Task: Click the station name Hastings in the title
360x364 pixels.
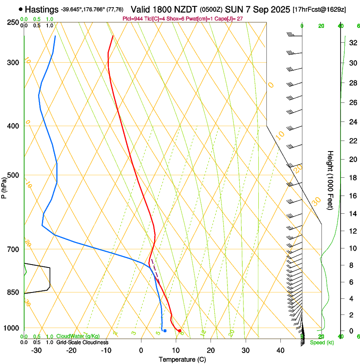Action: [42, 9]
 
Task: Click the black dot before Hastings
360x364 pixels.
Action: [21, 9]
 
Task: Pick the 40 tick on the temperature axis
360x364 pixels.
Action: [280, 350]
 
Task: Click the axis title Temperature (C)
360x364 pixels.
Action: [182, 359]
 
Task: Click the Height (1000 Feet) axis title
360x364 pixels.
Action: [330, 180]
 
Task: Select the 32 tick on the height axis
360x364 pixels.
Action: [353, 42]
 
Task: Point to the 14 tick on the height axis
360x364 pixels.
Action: [353, 214]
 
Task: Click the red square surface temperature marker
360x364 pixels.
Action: [180, 331]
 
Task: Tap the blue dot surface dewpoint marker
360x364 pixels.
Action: [165, 331]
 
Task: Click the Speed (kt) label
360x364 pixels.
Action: [322, 342]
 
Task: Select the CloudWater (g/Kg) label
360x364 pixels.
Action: [78, 336]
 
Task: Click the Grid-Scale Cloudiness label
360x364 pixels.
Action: [82, 342]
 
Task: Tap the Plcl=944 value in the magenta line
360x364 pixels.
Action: [132, 19]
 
